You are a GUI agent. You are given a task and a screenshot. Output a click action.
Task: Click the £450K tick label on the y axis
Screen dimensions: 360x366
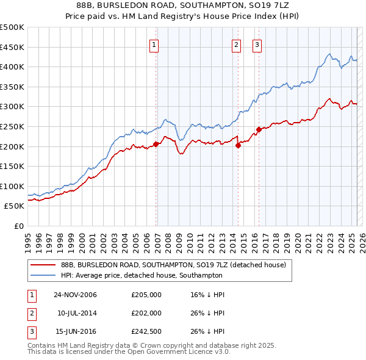click(x=12, y=47)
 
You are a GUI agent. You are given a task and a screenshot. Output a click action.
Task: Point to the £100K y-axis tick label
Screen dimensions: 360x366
click(x=12, y=186)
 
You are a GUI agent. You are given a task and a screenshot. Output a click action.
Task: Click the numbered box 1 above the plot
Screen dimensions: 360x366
click(x=154, y=44)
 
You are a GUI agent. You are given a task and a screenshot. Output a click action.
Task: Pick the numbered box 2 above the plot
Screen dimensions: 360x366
click(x=236, y=44)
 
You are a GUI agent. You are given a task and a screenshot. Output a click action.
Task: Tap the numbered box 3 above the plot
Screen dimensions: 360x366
click(x=257, y=44)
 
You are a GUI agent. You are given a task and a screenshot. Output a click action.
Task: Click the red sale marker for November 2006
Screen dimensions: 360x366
click(x=156, y=144)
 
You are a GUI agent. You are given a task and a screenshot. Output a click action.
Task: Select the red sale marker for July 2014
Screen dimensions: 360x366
click(x=239, y=145)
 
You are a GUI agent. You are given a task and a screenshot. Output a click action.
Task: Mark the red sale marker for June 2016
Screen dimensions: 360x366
click(x=259, y=129)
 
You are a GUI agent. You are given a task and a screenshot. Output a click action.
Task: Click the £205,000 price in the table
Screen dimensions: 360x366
click(x=146, y=295)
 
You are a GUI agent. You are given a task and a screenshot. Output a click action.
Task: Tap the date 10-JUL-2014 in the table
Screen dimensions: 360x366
click(x=76, y=313)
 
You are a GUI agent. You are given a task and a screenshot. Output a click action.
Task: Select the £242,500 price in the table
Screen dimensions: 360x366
click(x=146, y=331)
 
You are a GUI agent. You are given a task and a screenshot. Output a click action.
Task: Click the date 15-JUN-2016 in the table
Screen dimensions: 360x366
click(x=76, y=331)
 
